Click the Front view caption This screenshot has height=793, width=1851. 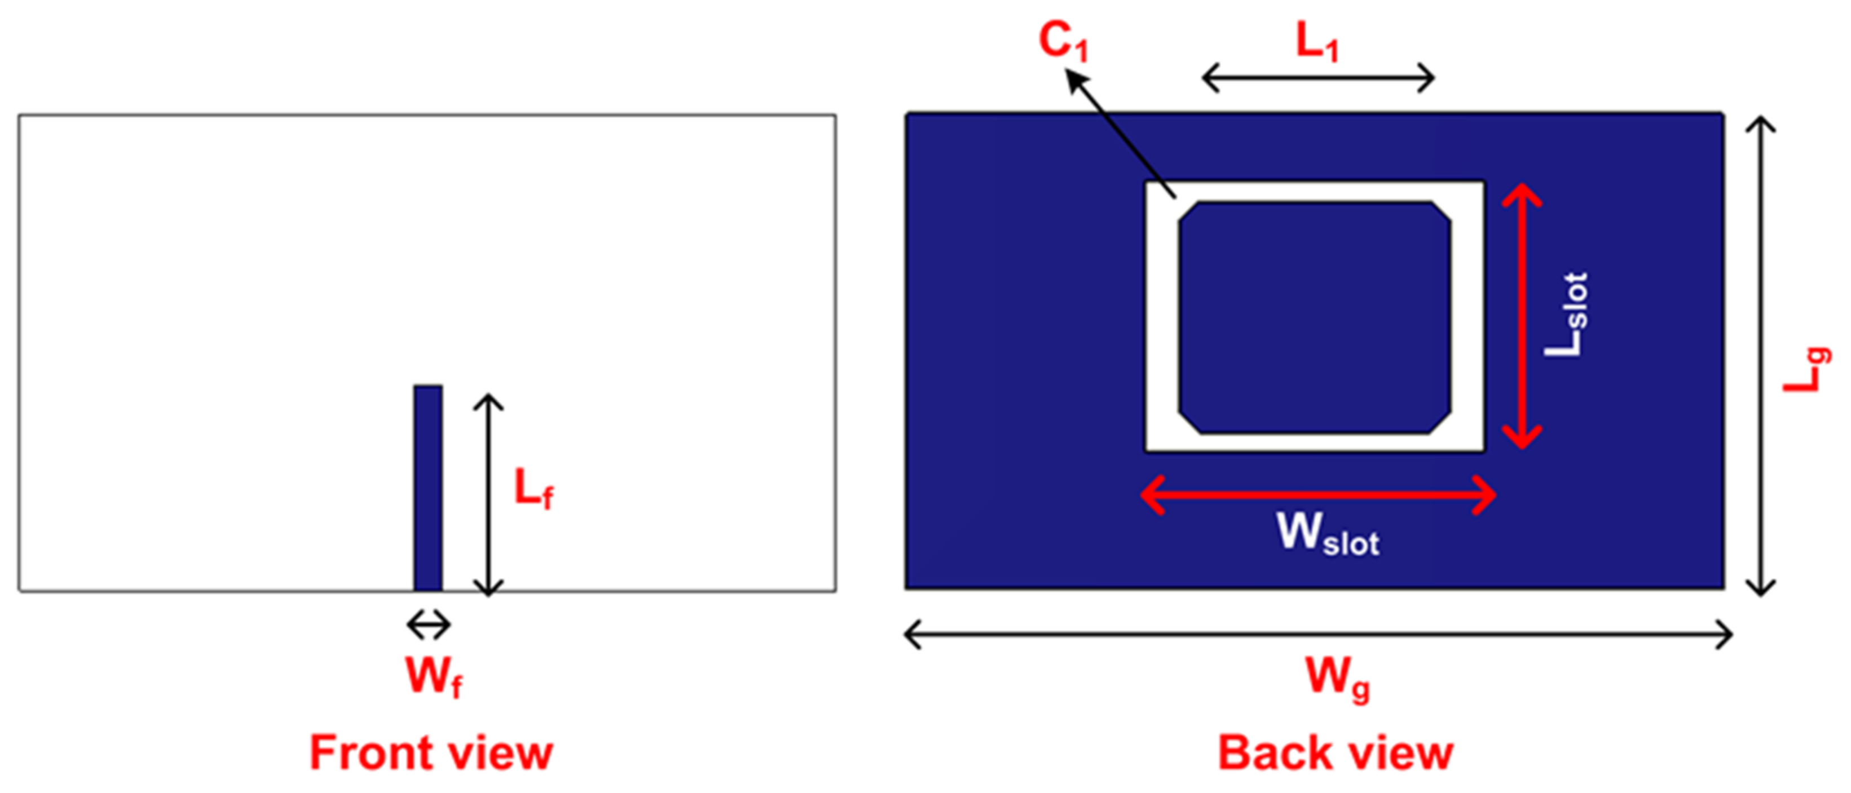431,753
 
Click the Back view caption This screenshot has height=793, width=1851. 1335,753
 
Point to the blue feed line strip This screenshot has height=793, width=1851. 428,489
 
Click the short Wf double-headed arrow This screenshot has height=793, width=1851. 429,625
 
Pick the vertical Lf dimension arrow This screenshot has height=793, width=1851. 488,495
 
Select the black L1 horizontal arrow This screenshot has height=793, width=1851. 1318,78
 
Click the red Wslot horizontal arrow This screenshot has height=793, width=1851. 1319,495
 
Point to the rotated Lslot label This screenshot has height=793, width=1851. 1566,314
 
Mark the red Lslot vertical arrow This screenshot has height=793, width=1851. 1522,316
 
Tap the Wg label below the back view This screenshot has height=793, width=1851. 1337,678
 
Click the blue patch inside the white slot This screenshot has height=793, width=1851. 1314,317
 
